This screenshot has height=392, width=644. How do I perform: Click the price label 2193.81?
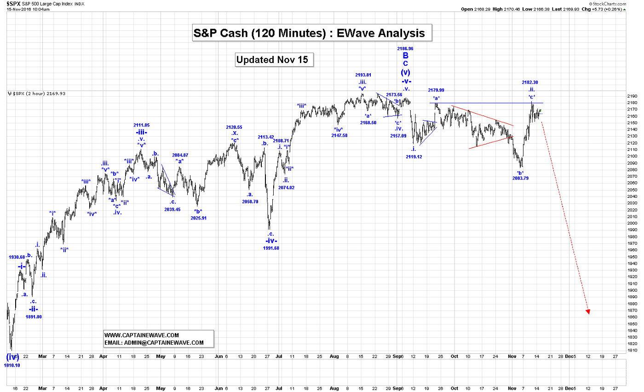click(363, 75)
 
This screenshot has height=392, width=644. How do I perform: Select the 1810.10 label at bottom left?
click(12, 365)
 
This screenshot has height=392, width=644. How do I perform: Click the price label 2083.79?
click(520, 178)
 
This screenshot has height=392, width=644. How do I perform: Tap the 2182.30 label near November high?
click(530, 82)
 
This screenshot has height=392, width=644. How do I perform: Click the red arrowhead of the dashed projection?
click(587, 312)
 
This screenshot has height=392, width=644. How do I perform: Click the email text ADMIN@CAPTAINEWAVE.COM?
click(154, 343)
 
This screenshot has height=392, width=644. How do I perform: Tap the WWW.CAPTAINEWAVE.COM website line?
click(142, 335)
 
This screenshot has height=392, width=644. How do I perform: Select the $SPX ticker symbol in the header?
click(13, 3)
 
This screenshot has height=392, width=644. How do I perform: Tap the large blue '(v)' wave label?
click(405, 72)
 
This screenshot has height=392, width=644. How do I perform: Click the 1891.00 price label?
click(34, 317)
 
